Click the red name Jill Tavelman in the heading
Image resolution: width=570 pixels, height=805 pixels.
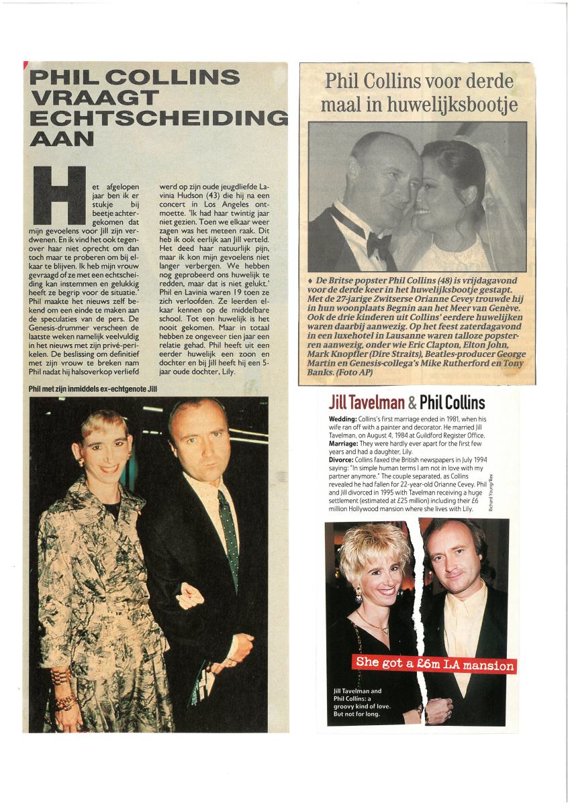click(367, 402)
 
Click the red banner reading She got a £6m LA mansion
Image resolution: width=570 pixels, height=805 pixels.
click(435, 664)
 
